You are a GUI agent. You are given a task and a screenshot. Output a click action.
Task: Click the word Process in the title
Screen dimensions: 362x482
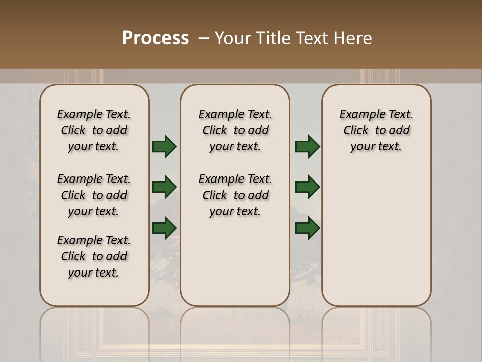(x=155, y=38)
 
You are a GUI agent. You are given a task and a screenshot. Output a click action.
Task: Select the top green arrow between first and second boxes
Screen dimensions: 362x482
(x=164, y=147)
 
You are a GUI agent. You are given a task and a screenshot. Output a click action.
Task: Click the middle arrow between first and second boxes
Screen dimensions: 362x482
(x=164, y=188)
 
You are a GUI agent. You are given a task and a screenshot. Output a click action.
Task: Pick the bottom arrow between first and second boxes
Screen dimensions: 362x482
(x=164, y=228)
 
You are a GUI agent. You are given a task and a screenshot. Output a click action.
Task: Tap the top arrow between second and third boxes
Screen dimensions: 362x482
(x=307, y=147)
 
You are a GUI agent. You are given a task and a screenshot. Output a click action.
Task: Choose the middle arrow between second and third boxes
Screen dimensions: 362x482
(x=307, y=188)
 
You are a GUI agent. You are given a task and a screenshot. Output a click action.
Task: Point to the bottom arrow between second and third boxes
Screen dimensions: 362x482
(x=307, y=228)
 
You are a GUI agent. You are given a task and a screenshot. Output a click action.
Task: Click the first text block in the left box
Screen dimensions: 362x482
(x=94, y=130)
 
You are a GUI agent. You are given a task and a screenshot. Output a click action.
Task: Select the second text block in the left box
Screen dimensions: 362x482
(x=94, y=195)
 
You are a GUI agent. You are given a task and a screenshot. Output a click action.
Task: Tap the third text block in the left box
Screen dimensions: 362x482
(x=94, y=256)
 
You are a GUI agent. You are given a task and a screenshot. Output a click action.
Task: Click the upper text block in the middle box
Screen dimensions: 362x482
(x=235, y=130)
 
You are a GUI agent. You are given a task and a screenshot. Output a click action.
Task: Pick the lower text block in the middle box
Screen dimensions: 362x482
(x=235, y=195)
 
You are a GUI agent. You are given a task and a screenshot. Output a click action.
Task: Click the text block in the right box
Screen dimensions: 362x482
(x=377, y=130)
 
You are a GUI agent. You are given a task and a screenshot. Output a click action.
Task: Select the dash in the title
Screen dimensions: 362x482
(x=204, y=38)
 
